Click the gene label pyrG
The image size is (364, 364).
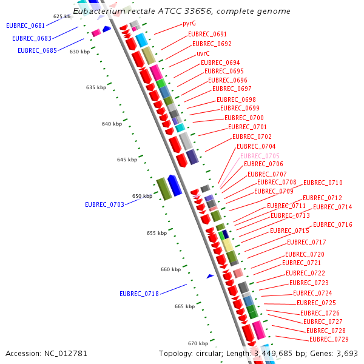tap(189, 24)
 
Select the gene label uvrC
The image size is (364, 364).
tap(203, 53)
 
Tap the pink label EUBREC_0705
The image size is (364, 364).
tap(260, 156)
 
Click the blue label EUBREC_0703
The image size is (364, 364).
tap(104, 204)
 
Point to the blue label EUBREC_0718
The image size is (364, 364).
tap(139, 294)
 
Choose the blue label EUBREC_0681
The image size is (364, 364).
tap(25, 25)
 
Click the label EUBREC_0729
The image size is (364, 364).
tap(329, 339)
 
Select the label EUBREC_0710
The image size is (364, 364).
tap(323, 183)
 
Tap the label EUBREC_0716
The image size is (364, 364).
tap(332, 224)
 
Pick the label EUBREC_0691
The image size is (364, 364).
tap(207, 34)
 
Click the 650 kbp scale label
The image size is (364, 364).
tap(142, 196)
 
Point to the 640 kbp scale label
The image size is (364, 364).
tap(112, 124)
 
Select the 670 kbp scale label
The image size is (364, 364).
tap(198, 343)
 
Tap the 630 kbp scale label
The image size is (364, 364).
tap(79, 52)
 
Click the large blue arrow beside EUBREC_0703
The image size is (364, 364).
tap(174, 185)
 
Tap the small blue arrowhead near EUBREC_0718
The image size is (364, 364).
tap(210, 276)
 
